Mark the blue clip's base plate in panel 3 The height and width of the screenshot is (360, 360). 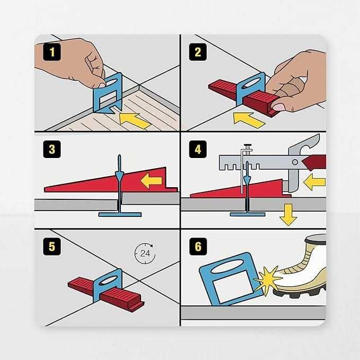pyautogui.click(x=119, y=214)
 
